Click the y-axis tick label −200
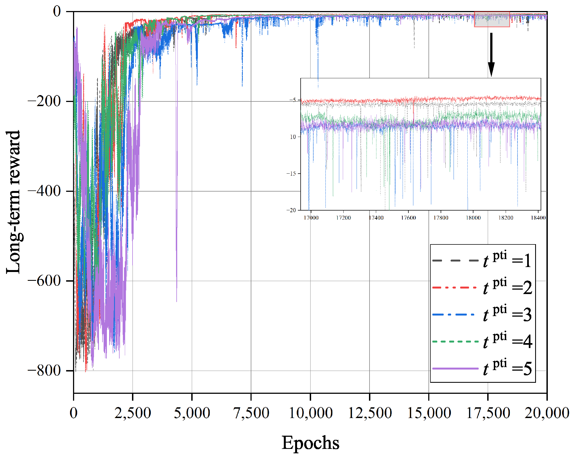tap(44, 101)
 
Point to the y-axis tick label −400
tap(44, 191)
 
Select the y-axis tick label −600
tap(44, 281)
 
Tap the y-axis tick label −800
tap(44, 370)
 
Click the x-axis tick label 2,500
tap(133, 413)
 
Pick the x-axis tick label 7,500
tap(251, 413)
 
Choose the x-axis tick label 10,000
tap(311, 413)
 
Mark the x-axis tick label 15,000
tap(429, 413)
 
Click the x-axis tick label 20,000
tap(547, 413)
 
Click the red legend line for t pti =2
tap(455, 287)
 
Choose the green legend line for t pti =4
tap(455, 341)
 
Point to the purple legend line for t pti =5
tap(455, 368)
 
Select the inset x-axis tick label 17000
tap(311, 218)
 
